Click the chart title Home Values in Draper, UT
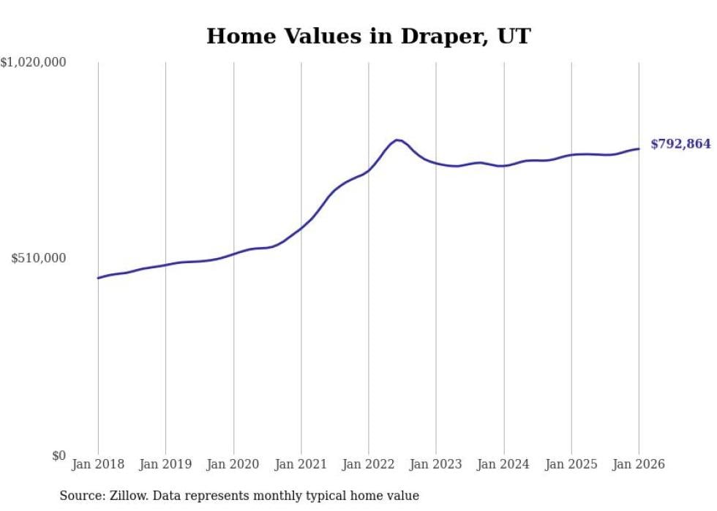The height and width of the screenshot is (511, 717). click(368, 36)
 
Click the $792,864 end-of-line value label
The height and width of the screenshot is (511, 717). click(680, 144)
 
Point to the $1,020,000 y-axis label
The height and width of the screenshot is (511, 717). click(34, 63)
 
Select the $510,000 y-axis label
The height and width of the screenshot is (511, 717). click(40, 258)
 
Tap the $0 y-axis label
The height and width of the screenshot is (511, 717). click(59, 455)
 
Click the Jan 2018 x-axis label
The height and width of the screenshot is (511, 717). click(98, 464)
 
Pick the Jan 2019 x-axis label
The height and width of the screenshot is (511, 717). click(166, 464)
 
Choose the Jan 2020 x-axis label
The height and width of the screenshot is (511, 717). click(233, 464)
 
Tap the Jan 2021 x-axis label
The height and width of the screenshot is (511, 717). click(301, 464)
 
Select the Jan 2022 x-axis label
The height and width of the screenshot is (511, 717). click(369, 464)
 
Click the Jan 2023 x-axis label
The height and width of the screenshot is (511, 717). click(436, 464)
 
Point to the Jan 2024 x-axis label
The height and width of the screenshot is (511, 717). click(504, 464)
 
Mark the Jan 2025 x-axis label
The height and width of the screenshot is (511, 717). click(571, 464)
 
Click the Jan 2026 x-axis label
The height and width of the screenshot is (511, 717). click(639, 464)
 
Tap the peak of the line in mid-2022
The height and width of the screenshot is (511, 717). click(397, 140)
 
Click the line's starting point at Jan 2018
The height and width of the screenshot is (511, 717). click(98, 278)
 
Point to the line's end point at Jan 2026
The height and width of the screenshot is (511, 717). click(639, 149)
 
